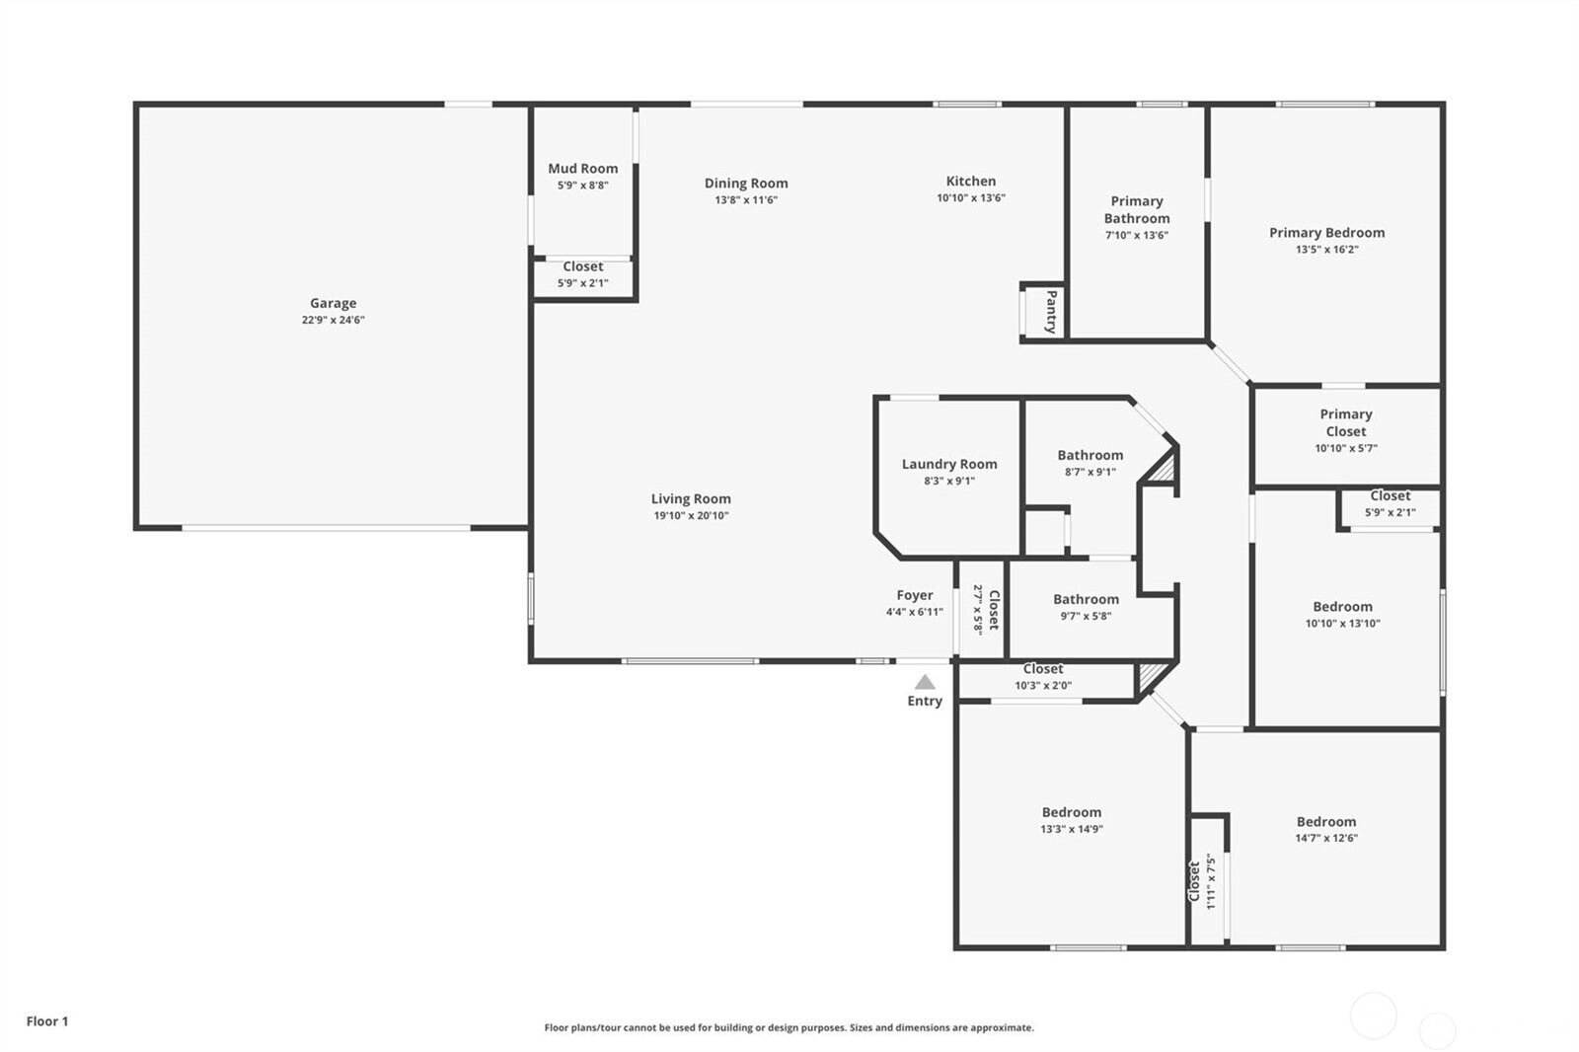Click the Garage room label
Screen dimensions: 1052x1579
tap(333, 303)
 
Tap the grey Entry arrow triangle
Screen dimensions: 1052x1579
tap(925, 682)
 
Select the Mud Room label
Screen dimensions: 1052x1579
tap(582, 169)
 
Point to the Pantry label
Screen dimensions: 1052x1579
tap(1051, 312)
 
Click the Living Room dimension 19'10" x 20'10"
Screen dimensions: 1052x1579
tap(691, 515)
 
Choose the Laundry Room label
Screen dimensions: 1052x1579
tap(949, 464)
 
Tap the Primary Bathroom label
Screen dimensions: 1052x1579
tap(1137, 209)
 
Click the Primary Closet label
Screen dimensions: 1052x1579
tap(1345, 422)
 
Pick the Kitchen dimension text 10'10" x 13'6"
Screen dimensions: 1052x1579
tap(971, 197)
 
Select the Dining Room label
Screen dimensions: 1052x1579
tap(746, 183)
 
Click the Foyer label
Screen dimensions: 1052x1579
tap(914, 595)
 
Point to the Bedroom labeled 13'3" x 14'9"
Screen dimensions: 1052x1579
tap(1072, 812)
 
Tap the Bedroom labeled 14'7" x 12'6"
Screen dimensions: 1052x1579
tap(1325, 821)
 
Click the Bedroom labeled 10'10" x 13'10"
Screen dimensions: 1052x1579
tap(1342, 607)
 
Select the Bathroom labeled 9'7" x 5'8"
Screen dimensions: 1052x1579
tap(1086, 599)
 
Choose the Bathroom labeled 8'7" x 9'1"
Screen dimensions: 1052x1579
tap(1090, 455)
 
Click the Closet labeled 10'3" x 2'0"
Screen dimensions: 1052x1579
tap(1043, 669)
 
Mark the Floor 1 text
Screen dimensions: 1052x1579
tap(47, 1021)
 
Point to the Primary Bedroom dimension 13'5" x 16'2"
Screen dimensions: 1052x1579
tap(1326, 250)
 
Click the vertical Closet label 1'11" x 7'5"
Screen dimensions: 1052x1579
tap(1201, 881)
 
